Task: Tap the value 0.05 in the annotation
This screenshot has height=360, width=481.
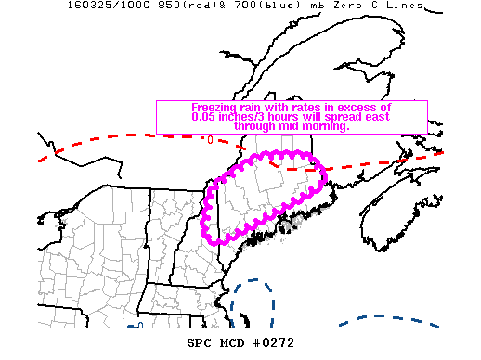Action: [x=204, y=117]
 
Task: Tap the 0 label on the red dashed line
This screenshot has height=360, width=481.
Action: [x=210, y=140]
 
